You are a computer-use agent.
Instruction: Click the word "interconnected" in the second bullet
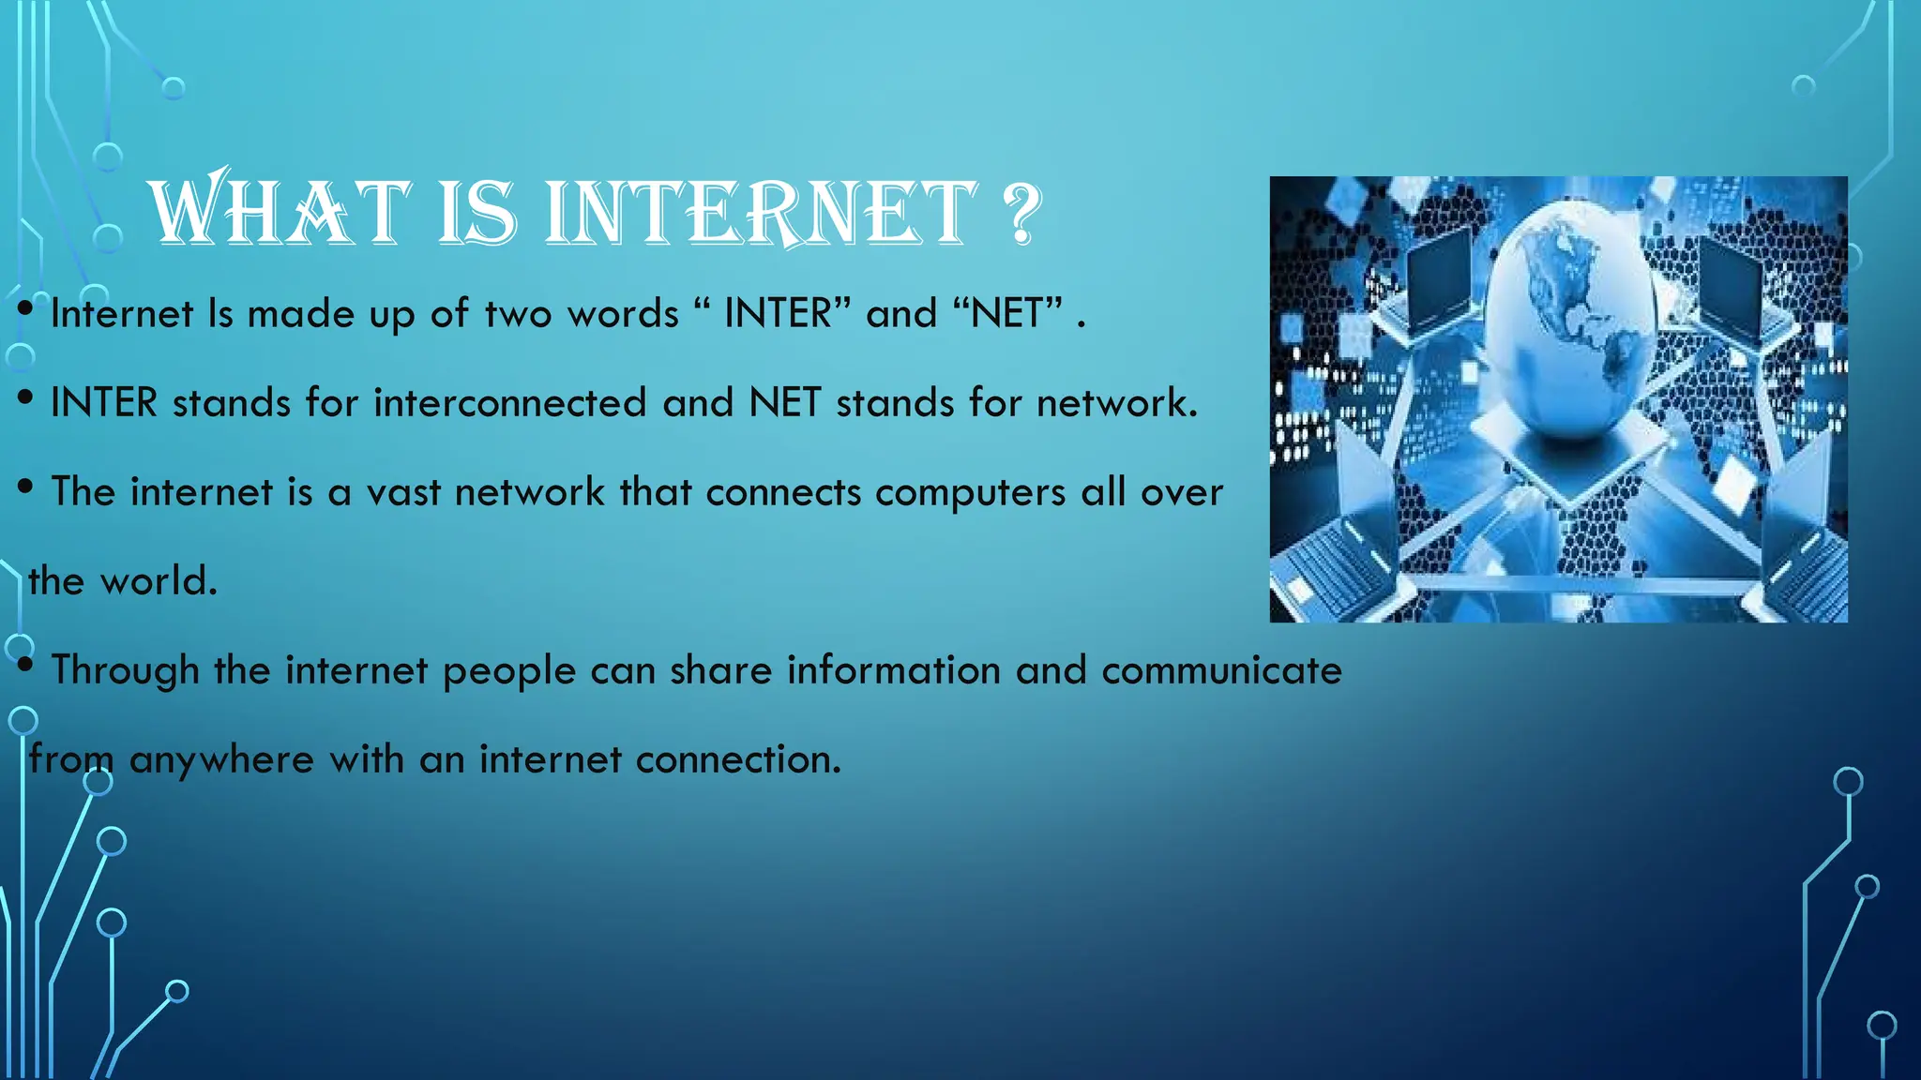[x=510, y=403]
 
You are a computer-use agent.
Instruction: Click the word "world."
[x=159, y=581]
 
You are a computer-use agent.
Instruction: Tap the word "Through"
[x=125, y=671]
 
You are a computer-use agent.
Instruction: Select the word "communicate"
[x=1221, y=670]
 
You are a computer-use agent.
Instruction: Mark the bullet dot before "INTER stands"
[x=26, y=397]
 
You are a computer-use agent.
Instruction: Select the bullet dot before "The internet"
[x=26, y=487]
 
